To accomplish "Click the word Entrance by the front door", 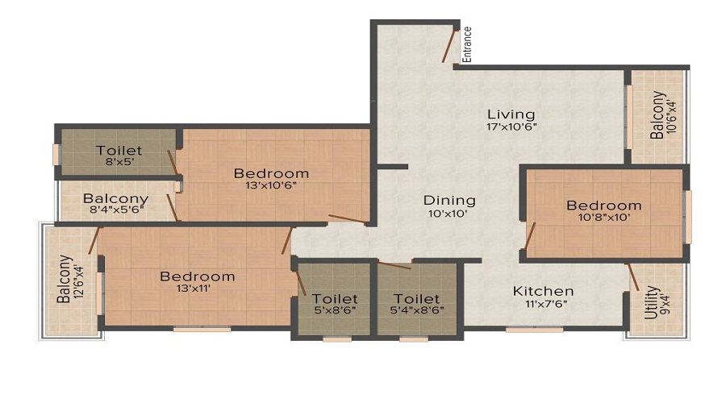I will [467, 44].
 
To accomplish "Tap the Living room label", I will [511, 114].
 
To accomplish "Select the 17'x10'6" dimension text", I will [511, 127].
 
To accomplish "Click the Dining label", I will [450, 200].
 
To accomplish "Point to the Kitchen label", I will [544, 291].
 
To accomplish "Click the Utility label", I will [651, 302].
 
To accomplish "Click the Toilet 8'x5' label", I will [119, 151].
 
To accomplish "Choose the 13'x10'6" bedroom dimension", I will [271, 186].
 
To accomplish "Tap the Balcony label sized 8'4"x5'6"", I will [115, 199].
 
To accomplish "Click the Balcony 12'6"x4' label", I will [64, 279].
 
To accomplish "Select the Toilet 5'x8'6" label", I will [335, 298].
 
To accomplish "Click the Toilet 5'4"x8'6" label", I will [417, 298].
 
